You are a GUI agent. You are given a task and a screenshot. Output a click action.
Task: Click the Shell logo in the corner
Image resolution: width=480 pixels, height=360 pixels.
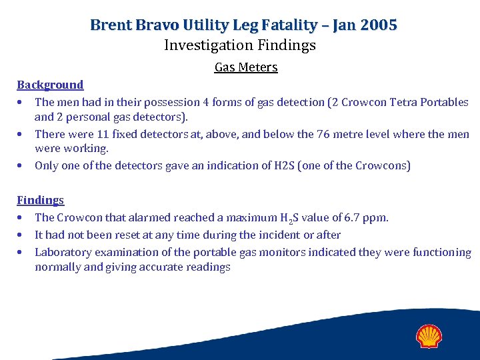(430, 336)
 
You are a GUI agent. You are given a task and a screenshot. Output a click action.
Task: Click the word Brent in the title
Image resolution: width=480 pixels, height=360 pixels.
(110, 25)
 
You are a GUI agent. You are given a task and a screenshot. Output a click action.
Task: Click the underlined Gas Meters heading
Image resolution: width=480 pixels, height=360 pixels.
(246, 67)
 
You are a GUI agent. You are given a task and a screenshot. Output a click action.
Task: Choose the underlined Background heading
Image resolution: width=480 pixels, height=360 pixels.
(50, 85)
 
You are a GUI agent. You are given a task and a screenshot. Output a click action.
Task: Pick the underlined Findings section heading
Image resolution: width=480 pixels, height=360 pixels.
(40, 200)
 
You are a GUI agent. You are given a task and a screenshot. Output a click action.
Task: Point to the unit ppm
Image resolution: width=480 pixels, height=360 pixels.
(377, 217)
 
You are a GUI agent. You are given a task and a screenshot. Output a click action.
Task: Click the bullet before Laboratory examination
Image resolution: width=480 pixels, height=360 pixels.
(22, 252)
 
